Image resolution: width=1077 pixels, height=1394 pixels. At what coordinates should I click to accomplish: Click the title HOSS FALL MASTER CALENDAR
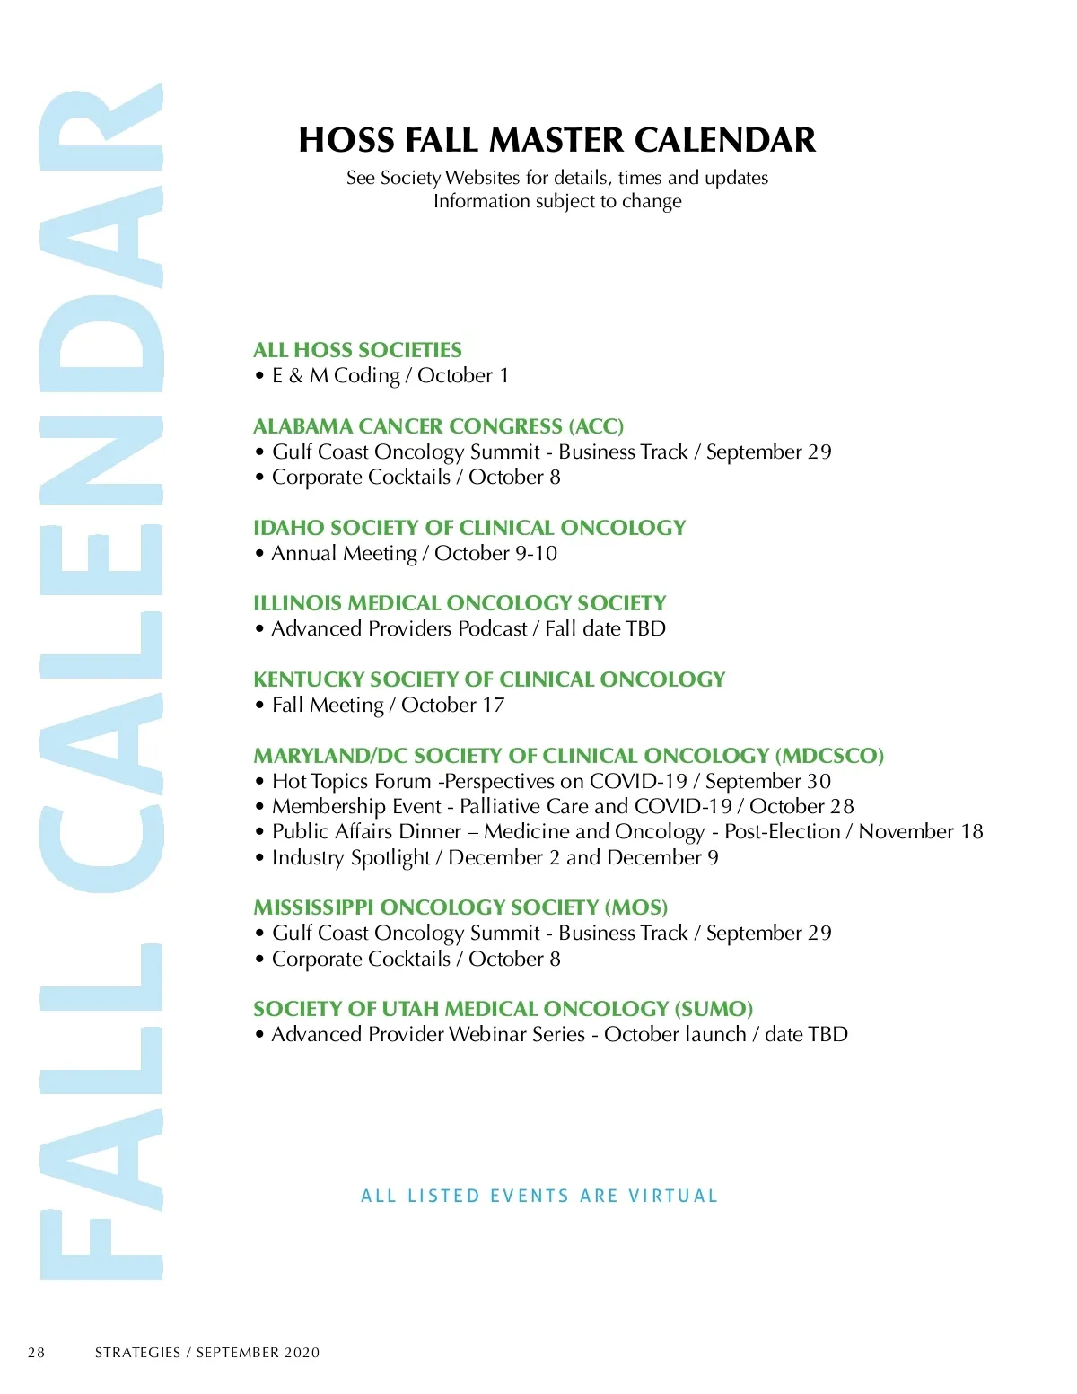point(556,141)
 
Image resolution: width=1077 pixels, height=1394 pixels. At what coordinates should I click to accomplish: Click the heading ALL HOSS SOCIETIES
point(357,350)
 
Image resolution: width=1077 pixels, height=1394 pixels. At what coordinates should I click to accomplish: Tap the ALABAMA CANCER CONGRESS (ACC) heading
point(438,426)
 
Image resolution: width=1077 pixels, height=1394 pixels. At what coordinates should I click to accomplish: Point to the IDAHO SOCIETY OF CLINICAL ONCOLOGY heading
point(469,528)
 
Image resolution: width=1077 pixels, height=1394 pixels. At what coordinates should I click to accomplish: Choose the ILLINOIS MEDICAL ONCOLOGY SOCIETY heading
point(460,603)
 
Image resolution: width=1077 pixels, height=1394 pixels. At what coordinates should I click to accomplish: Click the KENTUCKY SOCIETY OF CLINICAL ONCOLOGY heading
point(489,679)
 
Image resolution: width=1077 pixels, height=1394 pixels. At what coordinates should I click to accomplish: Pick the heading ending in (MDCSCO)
point(568,756)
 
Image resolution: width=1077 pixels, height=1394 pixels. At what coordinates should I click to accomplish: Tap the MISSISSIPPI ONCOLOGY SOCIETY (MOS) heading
point(460,907)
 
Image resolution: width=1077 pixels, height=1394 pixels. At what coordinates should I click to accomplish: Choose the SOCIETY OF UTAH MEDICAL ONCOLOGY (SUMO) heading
point(503,1009)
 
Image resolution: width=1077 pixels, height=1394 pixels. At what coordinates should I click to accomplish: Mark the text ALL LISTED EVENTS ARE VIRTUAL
point(539,1196)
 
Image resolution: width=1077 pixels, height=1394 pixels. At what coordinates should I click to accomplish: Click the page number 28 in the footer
point(36,1353)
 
